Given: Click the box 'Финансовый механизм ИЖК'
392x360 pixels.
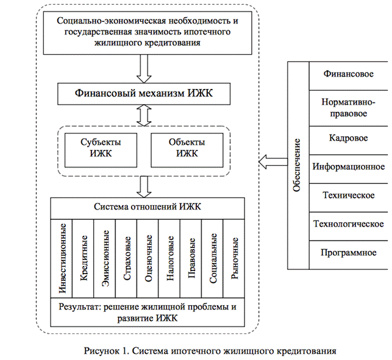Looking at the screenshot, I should click(144, 94).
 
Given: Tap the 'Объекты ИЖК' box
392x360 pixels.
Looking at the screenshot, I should click(187, 148).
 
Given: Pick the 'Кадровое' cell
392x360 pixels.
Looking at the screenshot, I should click(348, 138).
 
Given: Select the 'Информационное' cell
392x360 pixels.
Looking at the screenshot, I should click(348, 166).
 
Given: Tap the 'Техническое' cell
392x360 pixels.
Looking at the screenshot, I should click(348, 195).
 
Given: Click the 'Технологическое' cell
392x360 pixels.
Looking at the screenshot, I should click(348, 224).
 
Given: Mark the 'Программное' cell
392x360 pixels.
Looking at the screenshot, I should click(348, 252).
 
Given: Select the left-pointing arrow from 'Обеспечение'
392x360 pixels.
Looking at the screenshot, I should click(272, 161).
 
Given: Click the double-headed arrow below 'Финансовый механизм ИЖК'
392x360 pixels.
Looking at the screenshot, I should click(144, 115).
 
